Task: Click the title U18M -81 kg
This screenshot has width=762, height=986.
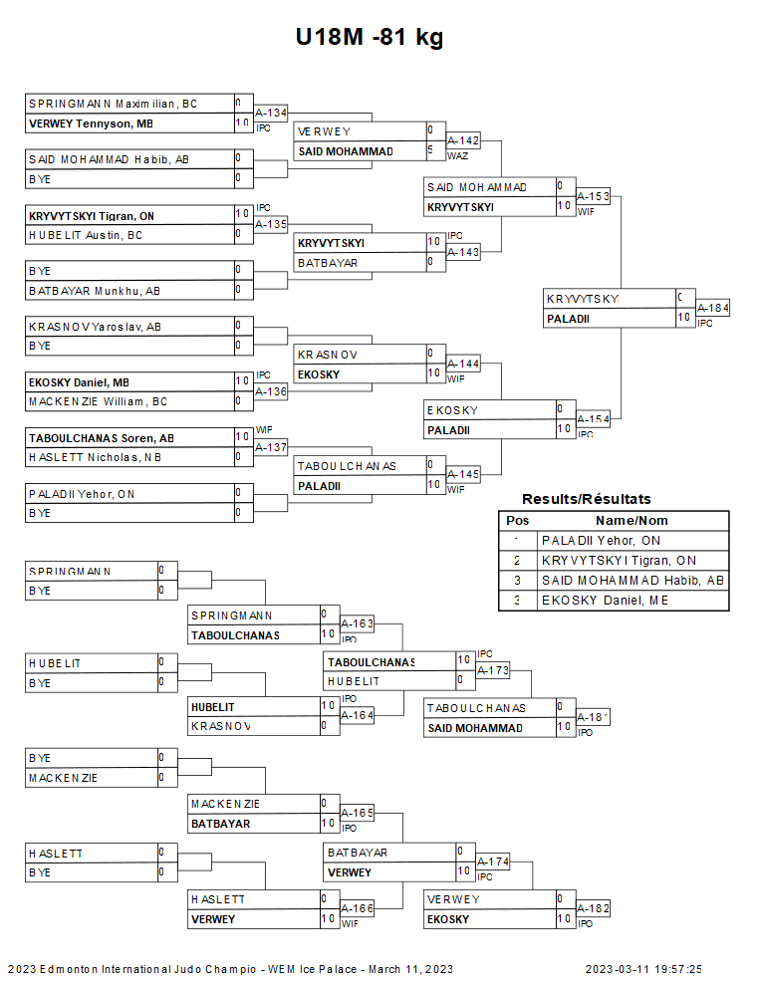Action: click(370, 38)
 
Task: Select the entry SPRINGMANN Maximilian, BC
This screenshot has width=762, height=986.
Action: click(113, 104)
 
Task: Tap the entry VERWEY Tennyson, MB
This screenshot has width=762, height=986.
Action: click(91, 123)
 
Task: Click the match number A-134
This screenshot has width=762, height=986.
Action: click(270, 113)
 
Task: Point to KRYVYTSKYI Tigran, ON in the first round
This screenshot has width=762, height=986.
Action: click(92, 216)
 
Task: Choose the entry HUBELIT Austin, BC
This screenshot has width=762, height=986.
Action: click(85, 235)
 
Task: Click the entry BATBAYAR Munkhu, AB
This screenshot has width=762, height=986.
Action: click(95, 291)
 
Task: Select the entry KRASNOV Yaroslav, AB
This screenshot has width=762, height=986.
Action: click(95, 326)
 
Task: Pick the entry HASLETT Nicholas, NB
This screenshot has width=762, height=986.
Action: click(95, 457)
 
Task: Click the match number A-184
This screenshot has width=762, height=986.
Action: click(712, 308)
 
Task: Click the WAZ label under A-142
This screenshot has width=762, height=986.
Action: click(457, 155)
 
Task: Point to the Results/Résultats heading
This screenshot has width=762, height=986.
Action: click(586, 499)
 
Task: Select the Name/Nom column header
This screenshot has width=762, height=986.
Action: click(632, 520)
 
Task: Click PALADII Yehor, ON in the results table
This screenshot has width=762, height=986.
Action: click(601, 540)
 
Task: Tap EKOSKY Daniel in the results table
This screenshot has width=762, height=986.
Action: click(605, 600)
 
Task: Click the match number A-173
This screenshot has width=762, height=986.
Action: click(492, 670)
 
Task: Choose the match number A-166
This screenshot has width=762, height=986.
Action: click(357, 908)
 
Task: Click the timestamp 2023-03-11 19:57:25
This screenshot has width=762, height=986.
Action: click(642, 969)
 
